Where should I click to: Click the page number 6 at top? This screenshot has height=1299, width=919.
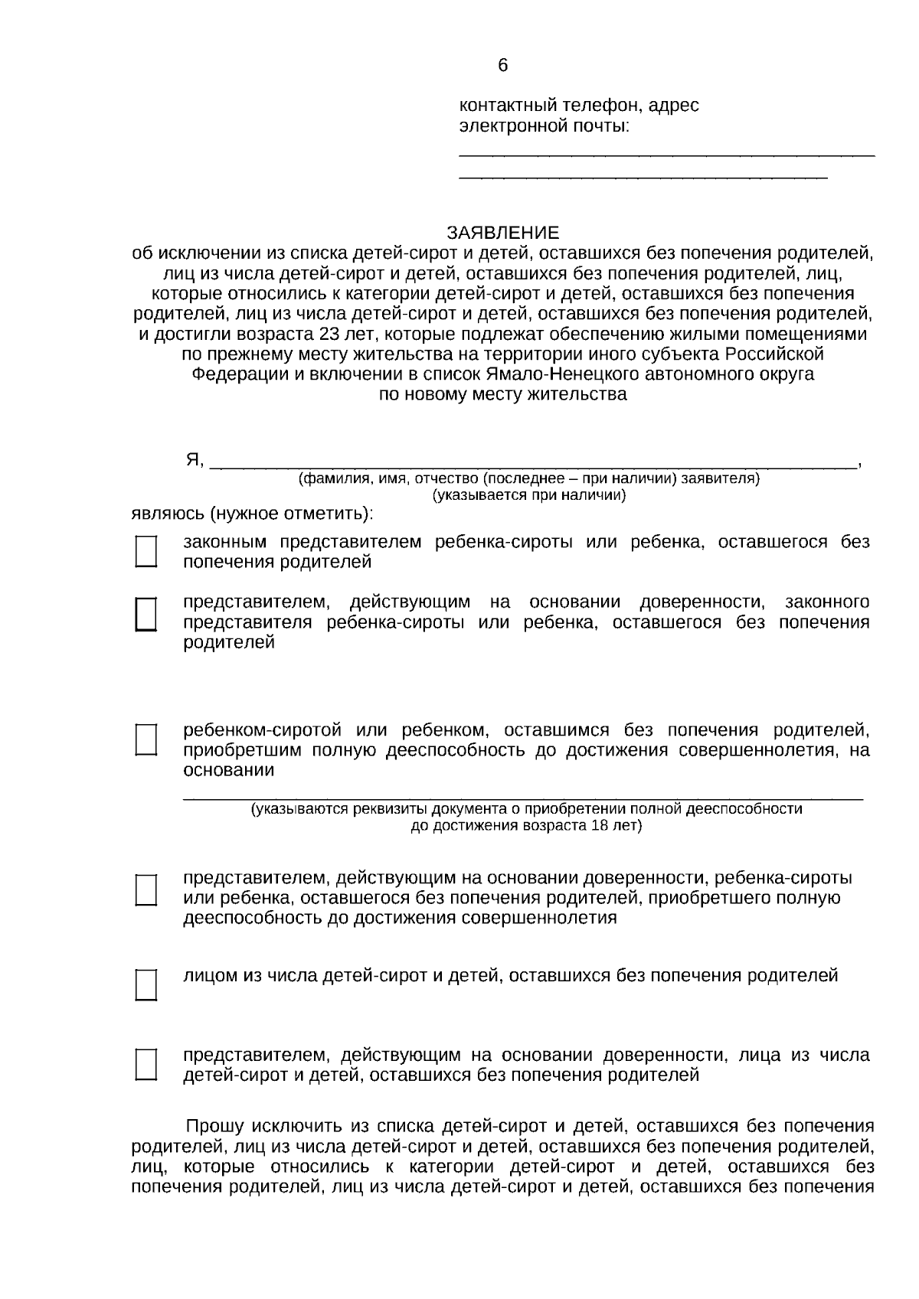(x=502, y=66)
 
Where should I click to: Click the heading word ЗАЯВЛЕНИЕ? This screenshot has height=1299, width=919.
(x=503, y=233)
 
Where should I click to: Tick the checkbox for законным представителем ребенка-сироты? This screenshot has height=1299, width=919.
(x=146, y=551)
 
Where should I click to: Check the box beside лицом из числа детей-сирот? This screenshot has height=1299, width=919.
(x=146, y=984)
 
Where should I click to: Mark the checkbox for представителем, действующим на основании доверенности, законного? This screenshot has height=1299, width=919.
(x=146, y=614)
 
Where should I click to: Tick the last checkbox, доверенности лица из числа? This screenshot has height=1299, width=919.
(x=146, y=1064)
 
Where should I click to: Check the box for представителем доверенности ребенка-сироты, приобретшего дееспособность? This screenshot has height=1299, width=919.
(x=146, y=889)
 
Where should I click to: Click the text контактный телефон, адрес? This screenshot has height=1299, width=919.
(x=578, y=105)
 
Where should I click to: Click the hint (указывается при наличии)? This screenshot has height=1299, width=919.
(x=529, y=495)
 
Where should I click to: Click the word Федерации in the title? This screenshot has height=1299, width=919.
(x=228, y=374)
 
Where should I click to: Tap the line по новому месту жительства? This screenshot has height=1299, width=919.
(x=503, y=394)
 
